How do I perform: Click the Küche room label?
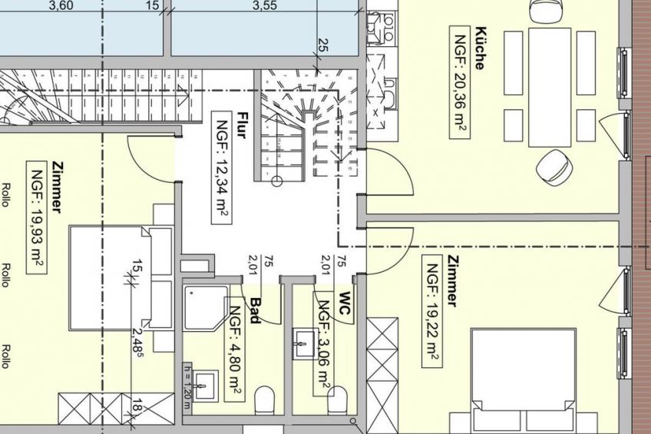click(x=480, y=48)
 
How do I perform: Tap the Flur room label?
click(x=242, y=125)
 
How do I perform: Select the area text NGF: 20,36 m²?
click(x=460, y=82)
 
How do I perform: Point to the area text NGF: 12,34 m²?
click(x=222, y=167)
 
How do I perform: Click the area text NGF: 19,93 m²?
click(x=37, y=217)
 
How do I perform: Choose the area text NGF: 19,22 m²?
click(x=432, y=311)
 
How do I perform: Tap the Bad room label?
click(x=255, y=310)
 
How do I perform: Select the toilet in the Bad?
click(x=264, y=400)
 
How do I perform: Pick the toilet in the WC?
click(x=337, y=400)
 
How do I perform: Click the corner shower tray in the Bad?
click(x=206, y=308)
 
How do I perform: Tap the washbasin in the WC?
click(x=306, y=343)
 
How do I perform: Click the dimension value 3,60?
click(x=61, y=5)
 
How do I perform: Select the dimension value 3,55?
click(x=265, y=5)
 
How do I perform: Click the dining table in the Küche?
click(x=550, y=88)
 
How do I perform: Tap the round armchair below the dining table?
click(x=554, y=166)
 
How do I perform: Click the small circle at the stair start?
click(x=277, y=181)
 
